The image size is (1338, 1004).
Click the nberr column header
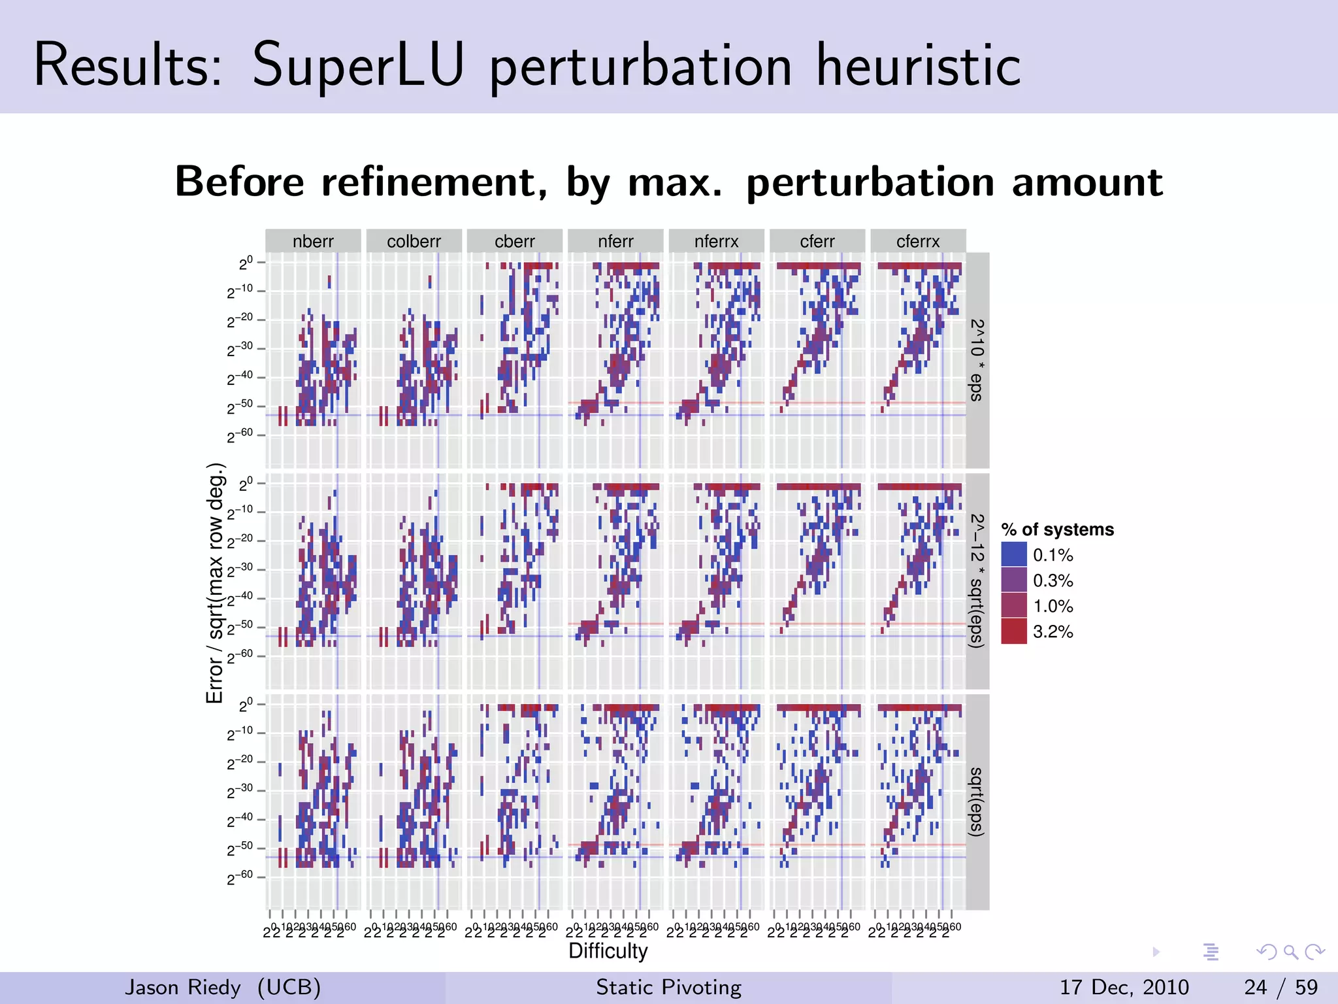[x=313, y=241]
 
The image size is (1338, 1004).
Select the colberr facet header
[x=414, y=241]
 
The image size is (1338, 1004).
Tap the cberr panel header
[x=515, y=241]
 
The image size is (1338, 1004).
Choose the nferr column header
[x=615, y=241]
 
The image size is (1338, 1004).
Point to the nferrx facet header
[x=716, y=241]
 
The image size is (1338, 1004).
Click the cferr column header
[x=817, y=241]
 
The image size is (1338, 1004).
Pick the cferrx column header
[x=918, y=241]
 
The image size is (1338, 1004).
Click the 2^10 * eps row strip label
[x=977, y=360]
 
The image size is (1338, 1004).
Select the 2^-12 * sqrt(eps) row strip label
[x=977, y=581]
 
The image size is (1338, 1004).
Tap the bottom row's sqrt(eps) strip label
[x=977, y=801]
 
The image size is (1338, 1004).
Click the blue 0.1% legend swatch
[x=1014, y=555]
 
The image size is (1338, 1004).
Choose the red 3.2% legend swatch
[x=1014, y=631]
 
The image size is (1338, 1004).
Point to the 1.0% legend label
[x=1052, y=606]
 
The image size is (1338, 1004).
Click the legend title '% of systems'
[x=1057, y=529]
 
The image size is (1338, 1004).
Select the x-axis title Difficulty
[x=608, y=951]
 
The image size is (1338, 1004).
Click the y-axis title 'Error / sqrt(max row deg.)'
[x=215, y=583]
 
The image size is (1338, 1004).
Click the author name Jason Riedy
[x=183, y=987]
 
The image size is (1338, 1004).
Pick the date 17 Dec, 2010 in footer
[x=1124, y=987]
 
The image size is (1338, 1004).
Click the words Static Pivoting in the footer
[x=668, y=987]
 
